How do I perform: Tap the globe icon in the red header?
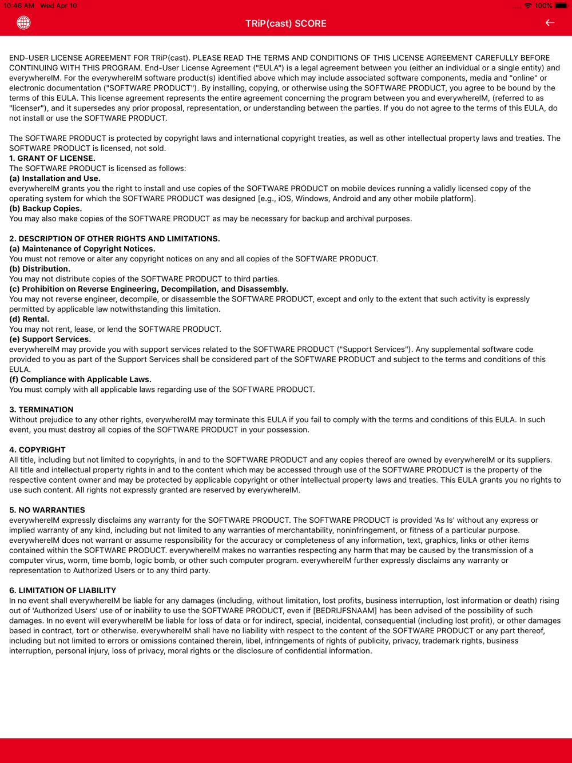(23, 23)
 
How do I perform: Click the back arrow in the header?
(550, 23)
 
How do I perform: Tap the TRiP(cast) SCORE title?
(285, 23)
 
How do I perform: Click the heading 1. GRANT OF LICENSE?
(52, 158)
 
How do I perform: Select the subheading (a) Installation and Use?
(55, 178)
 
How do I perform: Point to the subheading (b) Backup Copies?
(46, 209)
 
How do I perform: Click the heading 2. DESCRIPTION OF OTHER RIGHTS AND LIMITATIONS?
(114, 239)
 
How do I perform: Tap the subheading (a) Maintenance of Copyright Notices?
(82, 249)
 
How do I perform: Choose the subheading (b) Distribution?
(40, 269)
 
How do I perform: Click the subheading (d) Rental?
(29, 319)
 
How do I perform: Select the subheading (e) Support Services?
(50, 339)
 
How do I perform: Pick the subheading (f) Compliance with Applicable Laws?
(80, 379)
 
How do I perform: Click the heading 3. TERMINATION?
(41, 410)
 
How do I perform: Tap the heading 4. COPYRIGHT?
(37, 450)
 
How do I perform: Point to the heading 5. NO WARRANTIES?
(47, 510)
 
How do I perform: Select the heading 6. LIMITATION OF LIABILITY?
(62, 590)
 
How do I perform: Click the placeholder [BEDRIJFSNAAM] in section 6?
(345, 611)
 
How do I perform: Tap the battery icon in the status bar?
(561, 6)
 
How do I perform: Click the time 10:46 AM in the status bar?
(19, 6)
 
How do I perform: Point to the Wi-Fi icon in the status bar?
(528, 6)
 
